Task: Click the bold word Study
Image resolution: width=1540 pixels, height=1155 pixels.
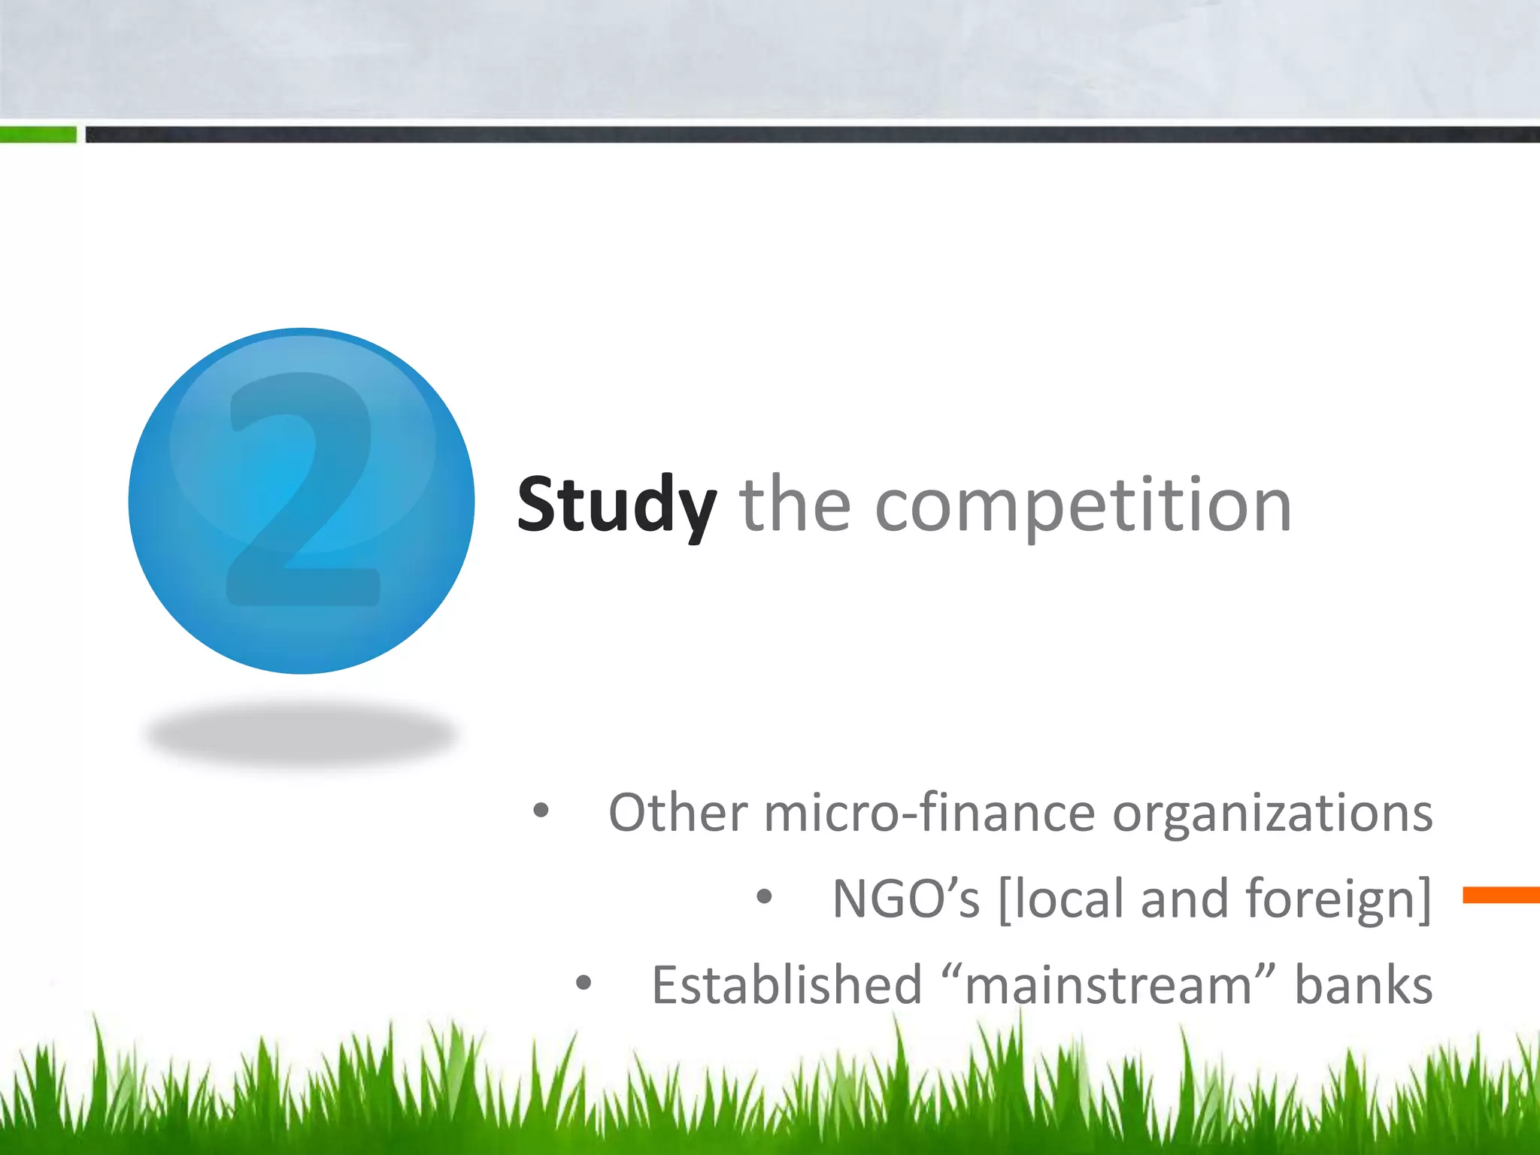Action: click(616, 505)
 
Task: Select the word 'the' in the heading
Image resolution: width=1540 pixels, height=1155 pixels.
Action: click(796, 505)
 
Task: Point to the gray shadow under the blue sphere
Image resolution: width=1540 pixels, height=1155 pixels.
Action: click(301, 734)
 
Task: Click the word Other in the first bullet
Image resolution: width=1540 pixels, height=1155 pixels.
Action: click(678, 813)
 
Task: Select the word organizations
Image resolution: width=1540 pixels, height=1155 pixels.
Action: click(1272, 814)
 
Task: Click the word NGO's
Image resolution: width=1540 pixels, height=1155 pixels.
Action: click(906, 899)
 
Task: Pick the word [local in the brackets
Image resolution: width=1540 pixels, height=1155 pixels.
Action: click(1061, 899)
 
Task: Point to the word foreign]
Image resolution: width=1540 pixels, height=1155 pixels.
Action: click(1338, 899)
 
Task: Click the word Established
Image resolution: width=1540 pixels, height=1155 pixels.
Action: click(787, 985)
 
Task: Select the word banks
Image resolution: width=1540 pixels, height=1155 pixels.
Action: click(1363, 985)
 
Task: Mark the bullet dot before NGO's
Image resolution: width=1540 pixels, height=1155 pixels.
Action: click(764, 897)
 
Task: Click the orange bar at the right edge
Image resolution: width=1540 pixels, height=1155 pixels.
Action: click(1501, 895)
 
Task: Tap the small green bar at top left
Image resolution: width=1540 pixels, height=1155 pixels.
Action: click(38, 135)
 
